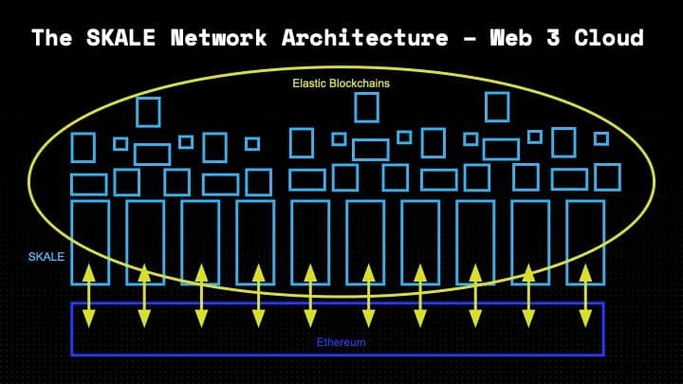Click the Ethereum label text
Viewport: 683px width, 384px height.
(x=340, y=341)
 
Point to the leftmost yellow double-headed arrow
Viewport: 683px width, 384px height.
(x=88, y=296)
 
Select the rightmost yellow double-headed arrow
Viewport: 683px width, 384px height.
(x=584, y=296)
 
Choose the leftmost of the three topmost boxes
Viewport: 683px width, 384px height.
(x=149, y=112)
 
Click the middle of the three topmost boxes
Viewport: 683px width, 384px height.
(x=367, y=107)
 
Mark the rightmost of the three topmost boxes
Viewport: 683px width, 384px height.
(x=497, y=107)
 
